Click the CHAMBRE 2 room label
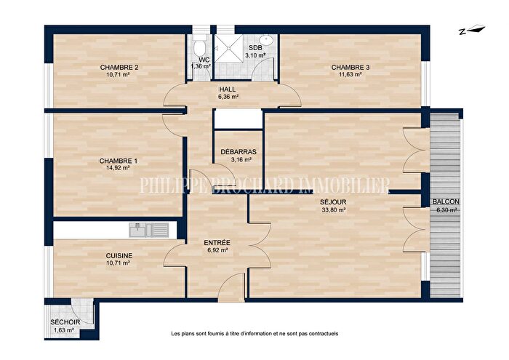119,68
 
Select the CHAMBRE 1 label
118,161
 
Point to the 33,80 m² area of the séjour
332,209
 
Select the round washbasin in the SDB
267,40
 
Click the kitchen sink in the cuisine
148,230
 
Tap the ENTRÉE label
217,242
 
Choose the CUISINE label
119,255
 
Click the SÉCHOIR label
65,322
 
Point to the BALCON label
444,201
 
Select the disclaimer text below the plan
254,334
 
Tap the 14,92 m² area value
118,168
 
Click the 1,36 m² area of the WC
201,66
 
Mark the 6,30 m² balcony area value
444,209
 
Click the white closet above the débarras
238,120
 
